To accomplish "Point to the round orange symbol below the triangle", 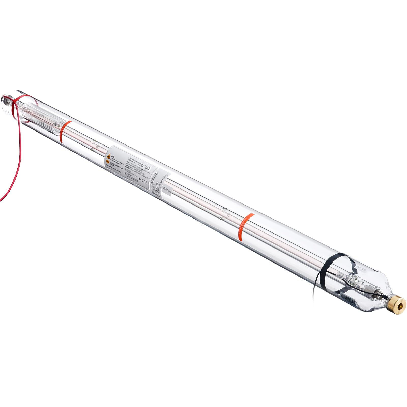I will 108,162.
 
